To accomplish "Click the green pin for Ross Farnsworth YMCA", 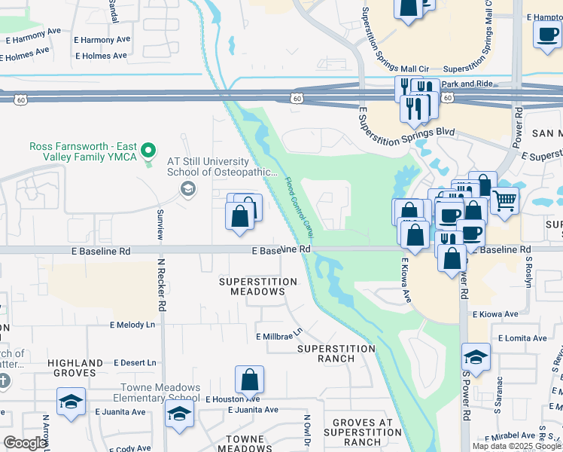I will [149, 151].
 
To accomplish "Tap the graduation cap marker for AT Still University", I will [188, 188].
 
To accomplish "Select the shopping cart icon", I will [504, 200].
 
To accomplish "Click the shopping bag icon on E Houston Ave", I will [249, 380].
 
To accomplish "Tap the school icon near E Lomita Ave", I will [476, 357].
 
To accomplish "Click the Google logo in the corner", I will [24, 443].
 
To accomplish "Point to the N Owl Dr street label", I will [307, 429].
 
